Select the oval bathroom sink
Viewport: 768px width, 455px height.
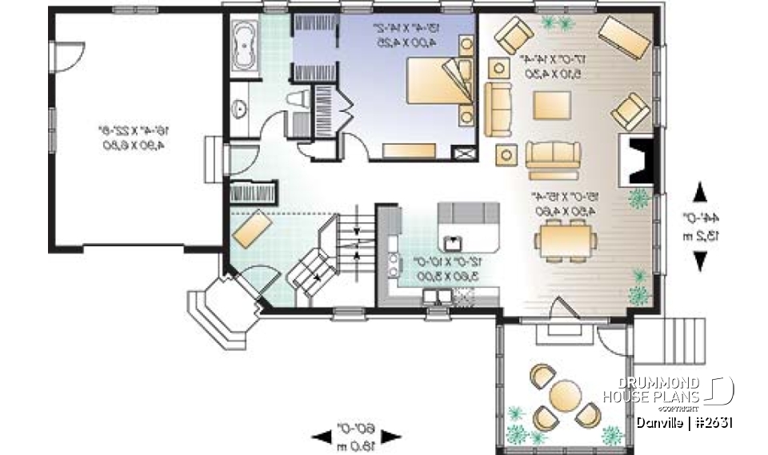coord(238,109)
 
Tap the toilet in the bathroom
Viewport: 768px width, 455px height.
coord(297,99)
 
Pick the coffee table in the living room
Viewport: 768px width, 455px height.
coord(551,105)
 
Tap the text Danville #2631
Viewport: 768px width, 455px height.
coord(685,421)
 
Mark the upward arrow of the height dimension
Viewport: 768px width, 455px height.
coord(700,192)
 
